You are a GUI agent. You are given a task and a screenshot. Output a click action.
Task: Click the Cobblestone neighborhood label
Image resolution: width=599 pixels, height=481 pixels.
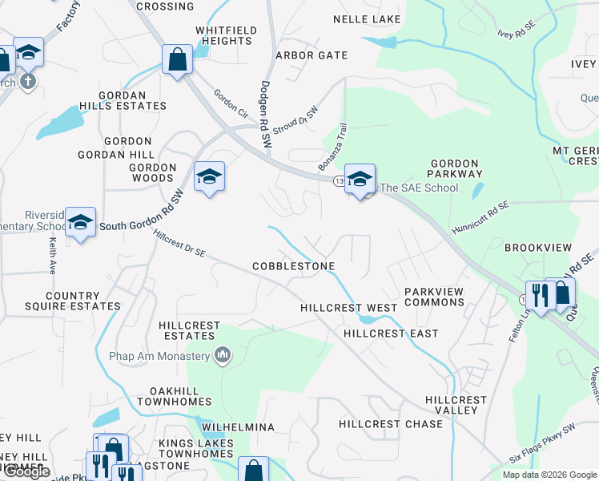(293, 265)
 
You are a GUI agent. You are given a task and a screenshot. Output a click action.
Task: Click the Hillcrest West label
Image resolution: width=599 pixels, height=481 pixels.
(348, 308)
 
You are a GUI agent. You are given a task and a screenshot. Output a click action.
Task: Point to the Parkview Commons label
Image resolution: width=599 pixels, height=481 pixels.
(434, 297)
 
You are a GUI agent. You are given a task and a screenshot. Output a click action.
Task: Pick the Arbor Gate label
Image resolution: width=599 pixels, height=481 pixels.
(312, 55)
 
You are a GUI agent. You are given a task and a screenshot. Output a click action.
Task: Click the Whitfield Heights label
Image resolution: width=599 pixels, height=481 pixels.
(227, 36)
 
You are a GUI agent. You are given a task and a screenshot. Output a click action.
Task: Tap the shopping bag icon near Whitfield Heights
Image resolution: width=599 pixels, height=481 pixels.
(177, 59)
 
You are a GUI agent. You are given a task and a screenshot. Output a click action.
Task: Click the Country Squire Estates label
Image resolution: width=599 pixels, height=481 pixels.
(83, 301)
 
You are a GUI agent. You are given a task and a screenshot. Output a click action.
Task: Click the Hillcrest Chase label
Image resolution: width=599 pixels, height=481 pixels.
(390, 424)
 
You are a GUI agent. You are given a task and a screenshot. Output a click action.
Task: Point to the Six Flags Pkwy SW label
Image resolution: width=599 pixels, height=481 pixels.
(542, 454)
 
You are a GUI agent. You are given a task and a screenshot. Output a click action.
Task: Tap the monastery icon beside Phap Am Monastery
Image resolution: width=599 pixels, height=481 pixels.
(223, 354)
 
